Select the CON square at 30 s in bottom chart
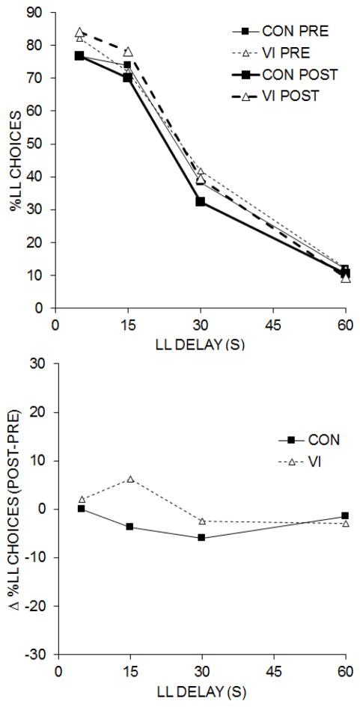click(201, 537)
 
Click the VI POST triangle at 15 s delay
click(127, 52)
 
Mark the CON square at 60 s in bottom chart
click(344, 516)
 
